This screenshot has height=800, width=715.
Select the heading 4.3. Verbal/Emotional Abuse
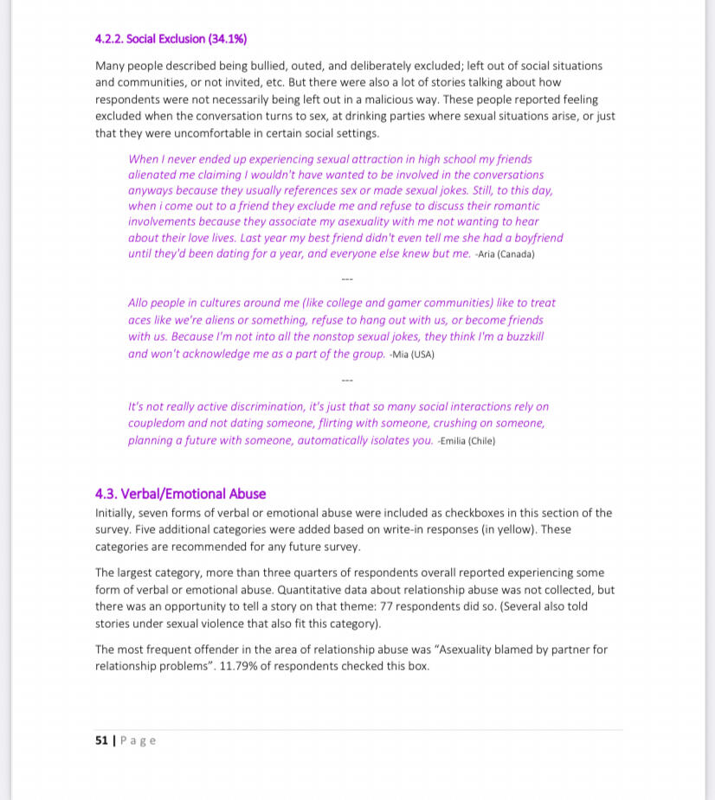[x=180, y=494]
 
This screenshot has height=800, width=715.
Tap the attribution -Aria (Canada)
[x=506, y=254]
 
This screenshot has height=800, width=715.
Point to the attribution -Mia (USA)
[x=412, y=355]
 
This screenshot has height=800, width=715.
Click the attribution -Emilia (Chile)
[x=467, y=441]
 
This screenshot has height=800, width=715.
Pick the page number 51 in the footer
[x=101, y=740]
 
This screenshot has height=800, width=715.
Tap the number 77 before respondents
[x=387, y=606]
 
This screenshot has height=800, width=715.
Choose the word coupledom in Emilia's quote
[x=156, y=424]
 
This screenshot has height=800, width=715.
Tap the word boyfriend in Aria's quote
[x=534, y=238]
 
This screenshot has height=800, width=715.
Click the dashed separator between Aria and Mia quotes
[x=347, y=279]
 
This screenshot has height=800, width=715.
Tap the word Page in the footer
[x=138, y=740]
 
